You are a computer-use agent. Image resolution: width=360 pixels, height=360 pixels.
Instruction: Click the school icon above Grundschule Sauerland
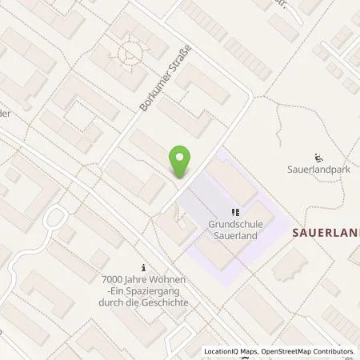[x=235, y=212]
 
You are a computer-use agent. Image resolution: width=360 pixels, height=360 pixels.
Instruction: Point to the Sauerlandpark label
[x=320, y=170]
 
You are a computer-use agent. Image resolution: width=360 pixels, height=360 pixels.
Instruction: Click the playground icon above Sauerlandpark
[x=319, y=157]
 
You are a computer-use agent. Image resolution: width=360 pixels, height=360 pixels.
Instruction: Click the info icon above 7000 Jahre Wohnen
[x=144, y=267]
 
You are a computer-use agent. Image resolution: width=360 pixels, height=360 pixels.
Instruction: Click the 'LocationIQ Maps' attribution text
[x=233, y=351]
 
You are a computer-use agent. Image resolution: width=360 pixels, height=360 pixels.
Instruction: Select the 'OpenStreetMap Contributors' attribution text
[x=309, y=351]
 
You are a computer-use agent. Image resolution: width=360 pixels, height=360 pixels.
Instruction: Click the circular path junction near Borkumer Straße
[x=127, y=54]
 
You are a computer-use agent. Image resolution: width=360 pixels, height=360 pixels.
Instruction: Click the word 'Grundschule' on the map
[x=235, y=224]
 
